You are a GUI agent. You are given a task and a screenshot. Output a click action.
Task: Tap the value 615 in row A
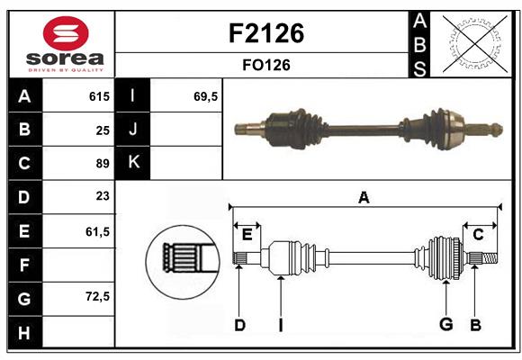coord(98,96)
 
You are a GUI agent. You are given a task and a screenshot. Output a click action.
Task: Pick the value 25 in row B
coord(102,130)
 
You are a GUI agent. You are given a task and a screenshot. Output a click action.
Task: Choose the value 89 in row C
coord(102,164)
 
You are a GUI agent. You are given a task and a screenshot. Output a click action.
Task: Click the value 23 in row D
coord(102,196)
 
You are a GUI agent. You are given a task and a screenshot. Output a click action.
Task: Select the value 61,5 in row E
coord(96,230)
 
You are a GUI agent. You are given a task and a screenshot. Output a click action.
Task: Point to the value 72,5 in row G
coord(96,296)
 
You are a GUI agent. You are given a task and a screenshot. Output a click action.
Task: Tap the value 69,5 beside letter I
coord(206,96)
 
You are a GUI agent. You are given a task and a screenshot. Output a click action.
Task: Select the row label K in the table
coord(133,163)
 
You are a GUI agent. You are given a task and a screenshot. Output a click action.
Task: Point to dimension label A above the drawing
coord(364,197)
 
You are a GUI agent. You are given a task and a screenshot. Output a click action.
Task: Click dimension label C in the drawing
coord(478,235)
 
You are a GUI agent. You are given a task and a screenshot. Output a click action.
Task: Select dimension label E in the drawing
coord(247,235)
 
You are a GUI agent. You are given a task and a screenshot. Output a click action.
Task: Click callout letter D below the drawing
coord(239,325)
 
